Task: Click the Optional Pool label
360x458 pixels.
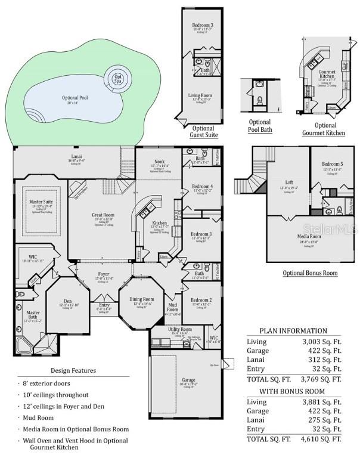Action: [x=75, y=98]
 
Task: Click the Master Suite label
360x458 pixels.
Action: [x=41, y=202]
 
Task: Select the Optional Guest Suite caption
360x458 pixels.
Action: [x=203, y=131]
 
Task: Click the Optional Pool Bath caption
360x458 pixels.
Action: [x=260, y=125]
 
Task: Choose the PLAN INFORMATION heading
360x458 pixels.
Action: [x=293, y=330]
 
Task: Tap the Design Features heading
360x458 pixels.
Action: [x=73, y=370]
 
